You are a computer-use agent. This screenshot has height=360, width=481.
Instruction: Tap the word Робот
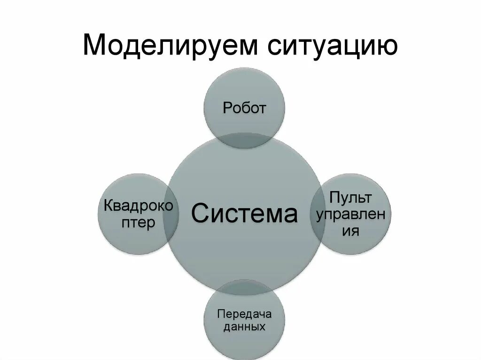(244, 108)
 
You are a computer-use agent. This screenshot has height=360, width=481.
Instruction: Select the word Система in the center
(244, 214)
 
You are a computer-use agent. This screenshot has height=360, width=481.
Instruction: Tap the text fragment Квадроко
(138, 206)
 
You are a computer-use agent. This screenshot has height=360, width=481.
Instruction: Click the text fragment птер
(138, 222)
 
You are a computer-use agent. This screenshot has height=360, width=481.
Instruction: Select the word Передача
(244, 313)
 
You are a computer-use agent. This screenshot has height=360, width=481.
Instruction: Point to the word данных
(244, 327)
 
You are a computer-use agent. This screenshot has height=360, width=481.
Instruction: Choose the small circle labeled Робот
(244, 94)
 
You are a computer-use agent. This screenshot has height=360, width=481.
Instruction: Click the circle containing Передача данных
(244, 340)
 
